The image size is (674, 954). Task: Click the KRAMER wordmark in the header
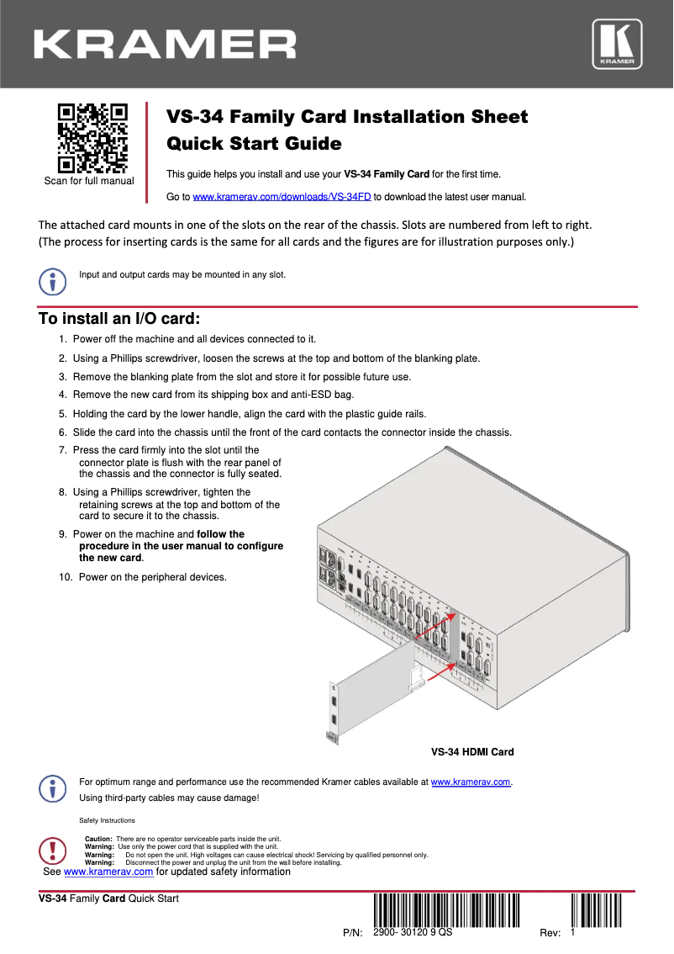tap(165, 44)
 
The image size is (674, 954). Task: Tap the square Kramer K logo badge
tap(617, 44)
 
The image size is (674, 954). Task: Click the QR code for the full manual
tap(92, 136)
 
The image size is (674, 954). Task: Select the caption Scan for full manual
tap(89, 181)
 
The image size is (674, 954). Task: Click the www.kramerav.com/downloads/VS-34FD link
tap(282, 198)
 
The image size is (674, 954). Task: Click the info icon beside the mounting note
tap(52, 279)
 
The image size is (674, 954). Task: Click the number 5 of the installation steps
tap(62, 414)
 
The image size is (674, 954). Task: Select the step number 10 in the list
tap(64, 577)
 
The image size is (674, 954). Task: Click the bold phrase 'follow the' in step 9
tap(220, 534)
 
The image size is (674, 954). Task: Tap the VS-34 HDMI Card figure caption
tap(471, 752)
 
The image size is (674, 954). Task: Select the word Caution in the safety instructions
tap(98, 840)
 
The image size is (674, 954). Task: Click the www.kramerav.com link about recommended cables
tap(471, 782)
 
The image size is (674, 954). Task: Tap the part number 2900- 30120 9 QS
tap(412, 932)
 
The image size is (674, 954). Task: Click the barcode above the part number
tap(452, 911)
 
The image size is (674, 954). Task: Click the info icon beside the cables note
tap(52, 787)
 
